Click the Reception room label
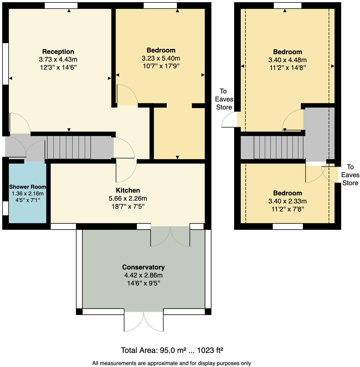(x=58, y=52)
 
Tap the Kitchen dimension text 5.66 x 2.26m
(x=128, y=198)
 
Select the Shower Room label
(x=28, y=187)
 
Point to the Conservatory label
(x=143, y=267)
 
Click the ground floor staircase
(x=69, y=147)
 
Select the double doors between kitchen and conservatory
(x=170, y=236)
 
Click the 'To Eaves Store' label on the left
(x=224, y=99)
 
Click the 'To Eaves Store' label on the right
(x=350, y=175)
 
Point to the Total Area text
(x=172, y=350)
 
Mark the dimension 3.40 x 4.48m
(x=287, y=60)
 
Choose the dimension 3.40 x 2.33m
(x=287, y=201)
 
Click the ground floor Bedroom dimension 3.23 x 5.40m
(x=161, y=58)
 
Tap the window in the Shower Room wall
(x=5, y=208)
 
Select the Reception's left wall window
(x=5, y=63)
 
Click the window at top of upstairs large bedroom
(x=287, y=6)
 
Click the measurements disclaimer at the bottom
(x=171, y=363)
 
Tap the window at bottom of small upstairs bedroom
(x=288, y=227)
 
